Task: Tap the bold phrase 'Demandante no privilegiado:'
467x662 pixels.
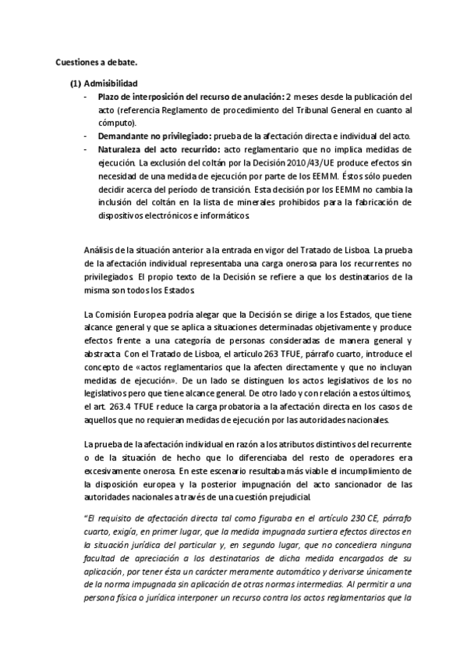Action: coord(146,136)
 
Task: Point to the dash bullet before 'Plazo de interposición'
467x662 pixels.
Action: coord(84,97)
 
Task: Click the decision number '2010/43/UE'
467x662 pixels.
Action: coord(283,162)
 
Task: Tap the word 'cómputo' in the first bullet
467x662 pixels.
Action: coord(116,123)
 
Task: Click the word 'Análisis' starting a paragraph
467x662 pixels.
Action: coord(99,250)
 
